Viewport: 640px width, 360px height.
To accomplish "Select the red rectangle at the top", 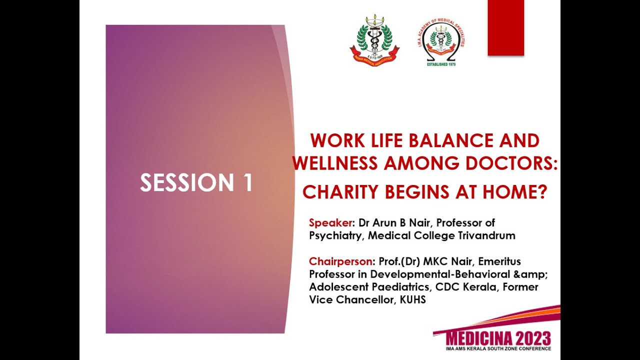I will point(505,27).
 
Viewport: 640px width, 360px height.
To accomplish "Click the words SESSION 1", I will point(196,183).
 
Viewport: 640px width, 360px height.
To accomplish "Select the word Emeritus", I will point(499,261).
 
